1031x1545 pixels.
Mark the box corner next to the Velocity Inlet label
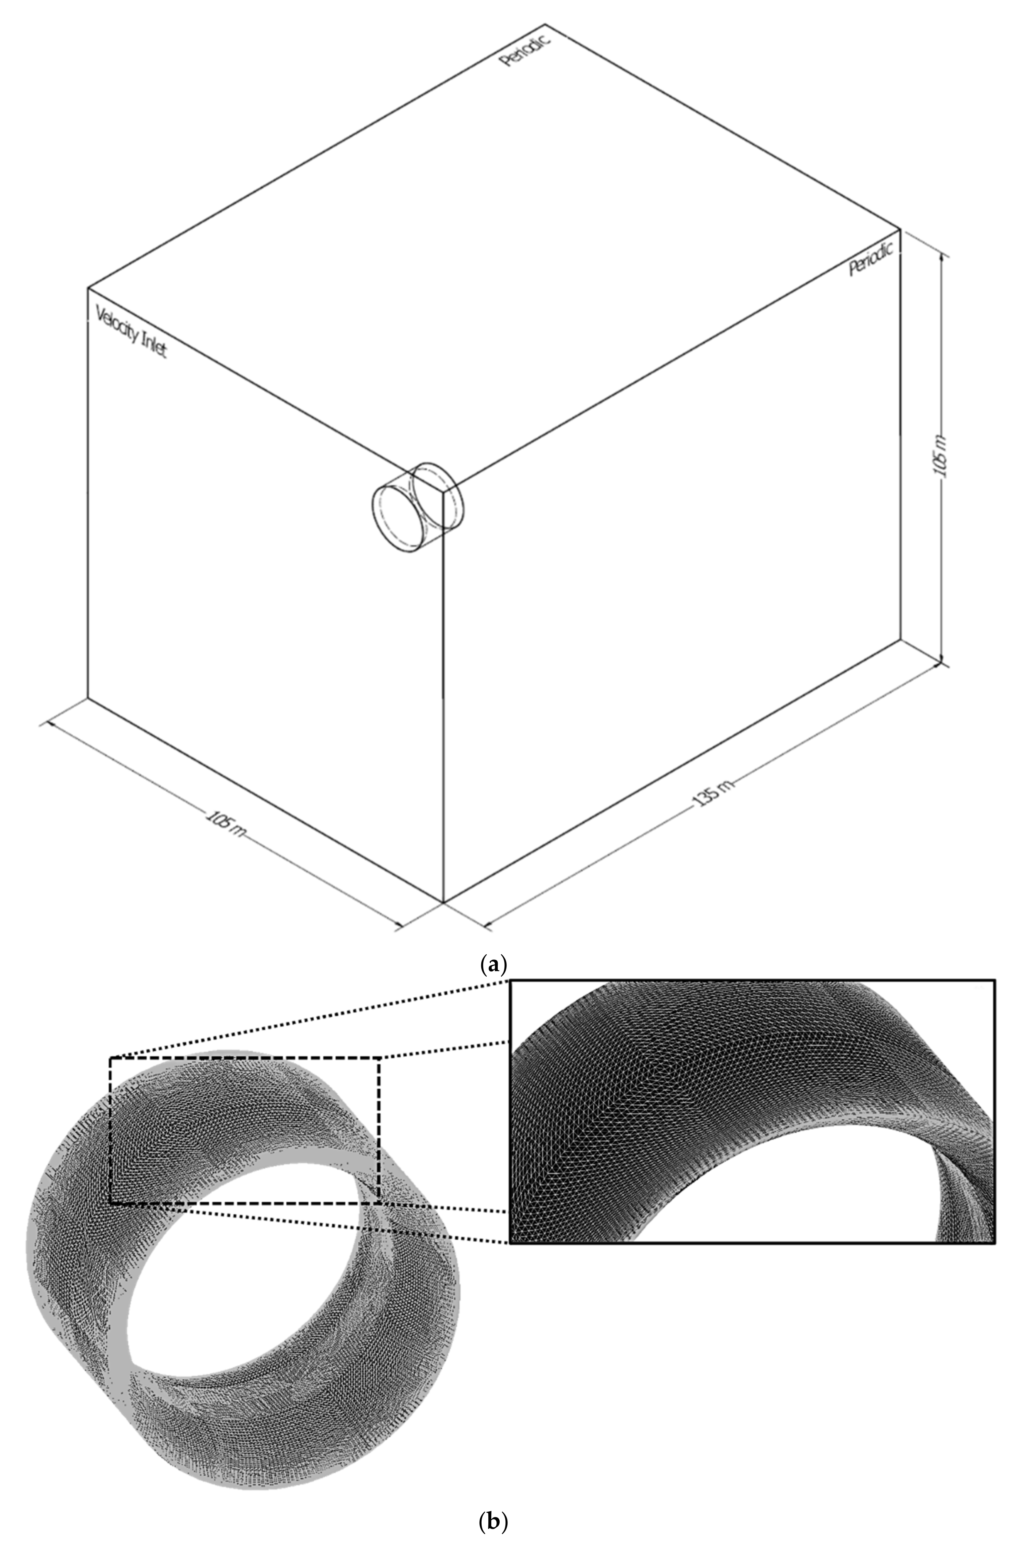tap(88, 288)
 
